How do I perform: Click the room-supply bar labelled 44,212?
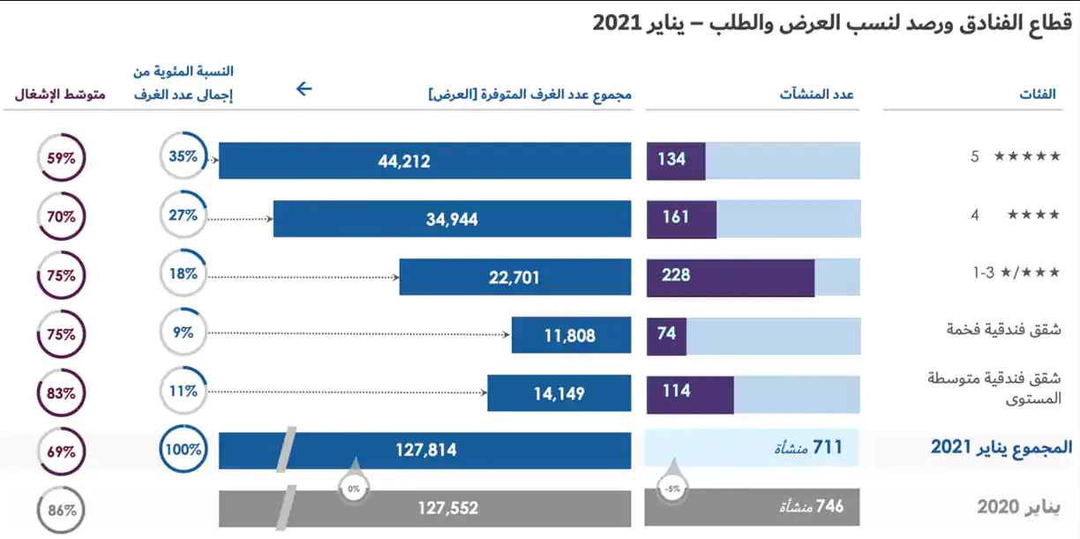[x=424, y=161]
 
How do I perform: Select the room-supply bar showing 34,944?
[x=452, y=219]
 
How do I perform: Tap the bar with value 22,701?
[x=514, y=277]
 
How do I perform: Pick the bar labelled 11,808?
[x=571, y=335]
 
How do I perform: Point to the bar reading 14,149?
[x=559, y=393]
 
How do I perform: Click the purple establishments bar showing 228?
[x=731, y=275]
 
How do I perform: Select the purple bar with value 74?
[x=667, y=333]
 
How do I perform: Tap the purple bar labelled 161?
[x=681, y=217]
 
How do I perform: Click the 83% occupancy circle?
[x=62, y=393]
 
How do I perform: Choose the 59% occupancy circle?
[x=62, y=160]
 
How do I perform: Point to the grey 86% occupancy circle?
[x=62, y=510]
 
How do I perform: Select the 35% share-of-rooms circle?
[x=184, y=158]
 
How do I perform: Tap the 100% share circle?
[x=184, y=449]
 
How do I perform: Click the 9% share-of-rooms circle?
[x=184, y=333]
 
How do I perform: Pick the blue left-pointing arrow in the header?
[x=304, y=88]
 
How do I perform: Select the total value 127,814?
[x=425, y=450]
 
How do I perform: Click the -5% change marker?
[x=672, y=488]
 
